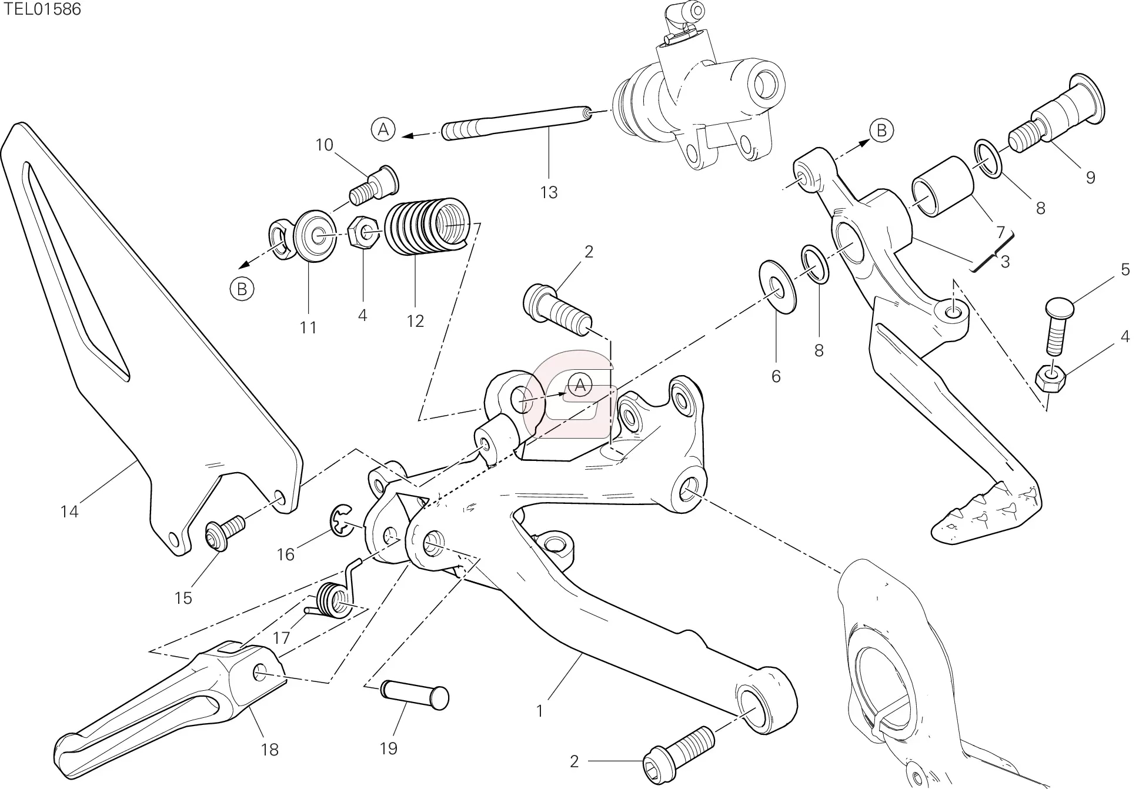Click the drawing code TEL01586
(x=41, y=9)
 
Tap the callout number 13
(x=549, y=192)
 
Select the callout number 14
(x=69, y=512)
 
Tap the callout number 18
(x=270, y=750)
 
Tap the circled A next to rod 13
(x=383, y=129)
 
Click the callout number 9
(x=1090, y=178)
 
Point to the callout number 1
(x=540, y=711)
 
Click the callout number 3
(x=1005, y=262)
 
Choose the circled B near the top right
(x=881, y=130)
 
